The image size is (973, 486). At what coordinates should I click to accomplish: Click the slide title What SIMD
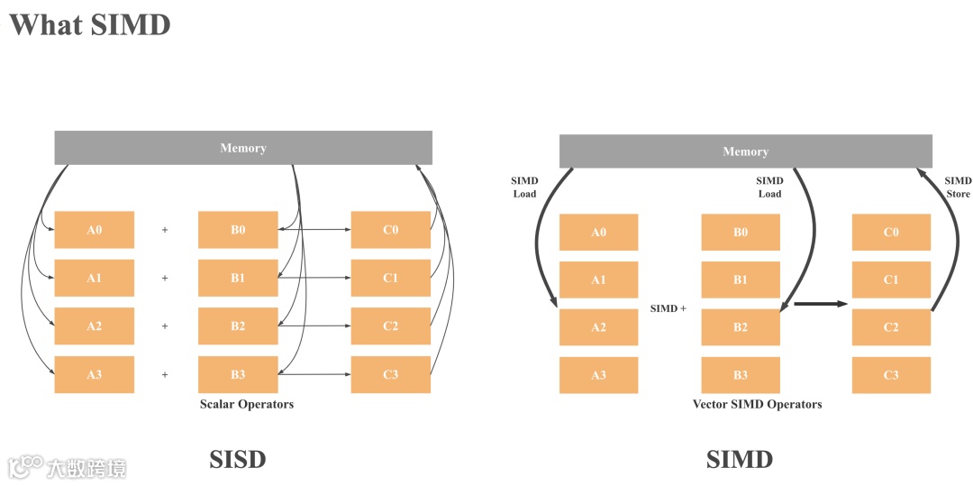click(89, 24)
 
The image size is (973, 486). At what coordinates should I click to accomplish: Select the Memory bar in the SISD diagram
click(243, 148)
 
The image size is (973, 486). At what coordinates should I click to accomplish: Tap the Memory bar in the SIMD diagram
click(745, 151)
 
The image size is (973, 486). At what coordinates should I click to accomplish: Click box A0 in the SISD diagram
click(95, 230)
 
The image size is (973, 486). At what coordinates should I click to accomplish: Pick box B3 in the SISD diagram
click(238, 374)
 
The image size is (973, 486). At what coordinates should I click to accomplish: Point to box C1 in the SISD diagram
click(390, 278)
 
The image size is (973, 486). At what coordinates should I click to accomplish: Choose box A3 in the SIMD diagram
click(598, 375)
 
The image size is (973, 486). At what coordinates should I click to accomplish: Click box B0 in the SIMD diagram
click(741, 233)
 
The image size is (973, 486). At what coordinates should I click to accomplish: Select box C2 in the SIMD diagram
click(891, 327)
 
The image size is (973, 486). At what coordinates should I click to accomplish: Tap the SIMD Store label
click(958, 188)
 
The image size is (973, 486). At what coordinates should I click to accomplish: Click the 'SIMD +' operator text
click(668, 308)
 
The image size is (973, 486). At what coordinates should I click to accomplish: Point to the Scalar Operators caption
click(247, 404)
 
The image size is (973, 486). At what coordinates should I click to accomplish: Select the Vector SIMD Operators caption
click(757, 404)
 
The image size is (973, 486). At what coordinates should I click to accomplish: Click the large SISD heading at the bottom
click(238, 459)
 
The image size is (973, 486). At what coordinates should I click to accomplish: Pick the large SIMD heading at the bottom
click(740, 459)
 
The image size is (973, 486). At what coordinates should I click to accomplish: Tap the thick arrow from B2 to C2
click(820, 304)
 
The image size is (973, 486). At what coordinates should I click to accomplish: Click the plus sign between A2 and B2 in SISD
click(165, 326)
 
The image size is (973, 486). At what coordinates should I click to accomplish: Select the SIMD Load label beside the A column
click(524, 188)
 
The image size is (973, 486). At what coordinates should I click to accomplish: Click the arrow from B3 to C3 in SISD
click(315, 373)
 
